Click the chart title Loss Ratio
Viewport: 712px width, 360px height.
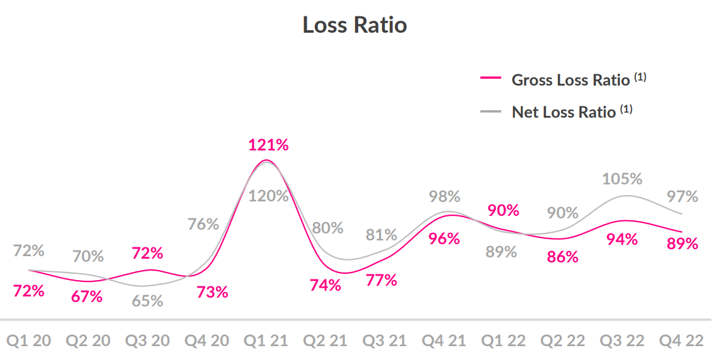pyautogui.click(x=354, y=25)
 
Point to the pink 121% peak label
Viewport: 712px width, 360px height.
pyautogui.click(x=268, y=145)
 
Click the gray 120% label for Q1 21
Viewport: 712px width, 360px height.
pyautogui.click(x=268, y=196)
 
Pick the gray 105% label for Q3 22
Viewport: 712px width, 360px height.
pyautogui.click(x=622, y=179)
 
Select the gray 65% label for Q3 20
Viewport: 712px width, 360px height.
pyautogui.click(x=147, y=301)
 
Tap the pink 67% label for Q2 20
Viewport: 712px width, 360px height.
pyautogui.click(x=87, y=296)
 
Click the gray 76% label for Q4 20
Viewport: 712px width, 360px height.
pyautogui.click(x=203, y=224)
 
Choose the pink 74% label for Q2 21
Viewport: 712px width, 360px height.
pyautogui.click(x=325, y=285)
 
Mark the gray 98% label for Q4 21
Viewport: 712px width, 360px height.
pyautogui.click(x=444, y=196)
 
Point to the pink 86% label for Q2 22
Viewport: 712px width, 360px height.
pyautogui.click(x=562, y=257)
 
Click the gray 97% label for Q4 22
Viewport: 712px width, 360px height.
pyautogui.click(x=682, y=196)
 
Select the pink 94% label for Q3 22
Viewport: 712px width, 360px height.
pyautogui.click(x=622, y=239)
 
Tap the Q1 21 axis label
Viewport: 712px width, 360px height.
pyautogui.click(x=266, y=340)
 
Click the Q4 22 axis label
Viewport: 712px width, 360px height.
pyautogui.click(x=681, y=340)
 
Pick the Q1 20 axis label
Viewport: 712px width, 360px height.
pyautogui.click(x=28, y=340)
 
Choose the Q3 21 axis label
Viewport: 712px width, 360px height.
pyautogui.click(x=384, y=340)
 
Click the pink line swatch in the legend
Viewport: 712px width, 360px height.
pyautogui.click(x=490, y=79)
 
